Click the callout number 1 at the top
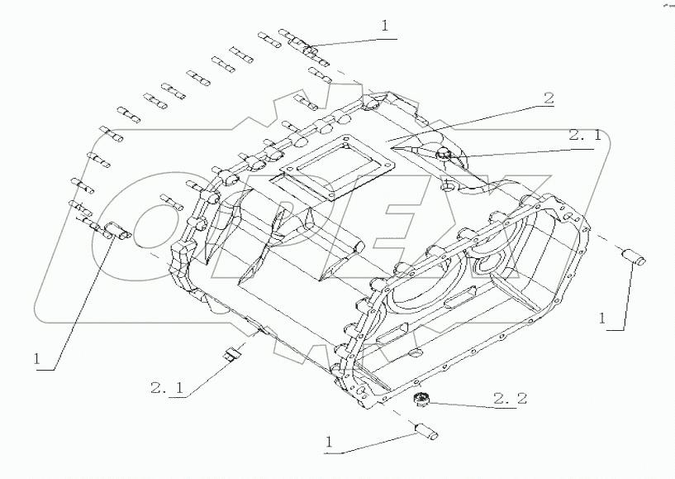coord(384,26)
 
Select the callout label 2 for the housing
coord(548,98)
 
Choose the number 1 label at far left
coord(37,358)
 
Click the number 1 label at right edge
coord(604,318)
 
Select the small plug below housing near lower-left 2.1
coord(232,357)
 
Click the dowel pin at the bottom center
coord(427,431)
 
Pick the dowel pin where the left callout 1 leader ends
coord(116,232)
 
